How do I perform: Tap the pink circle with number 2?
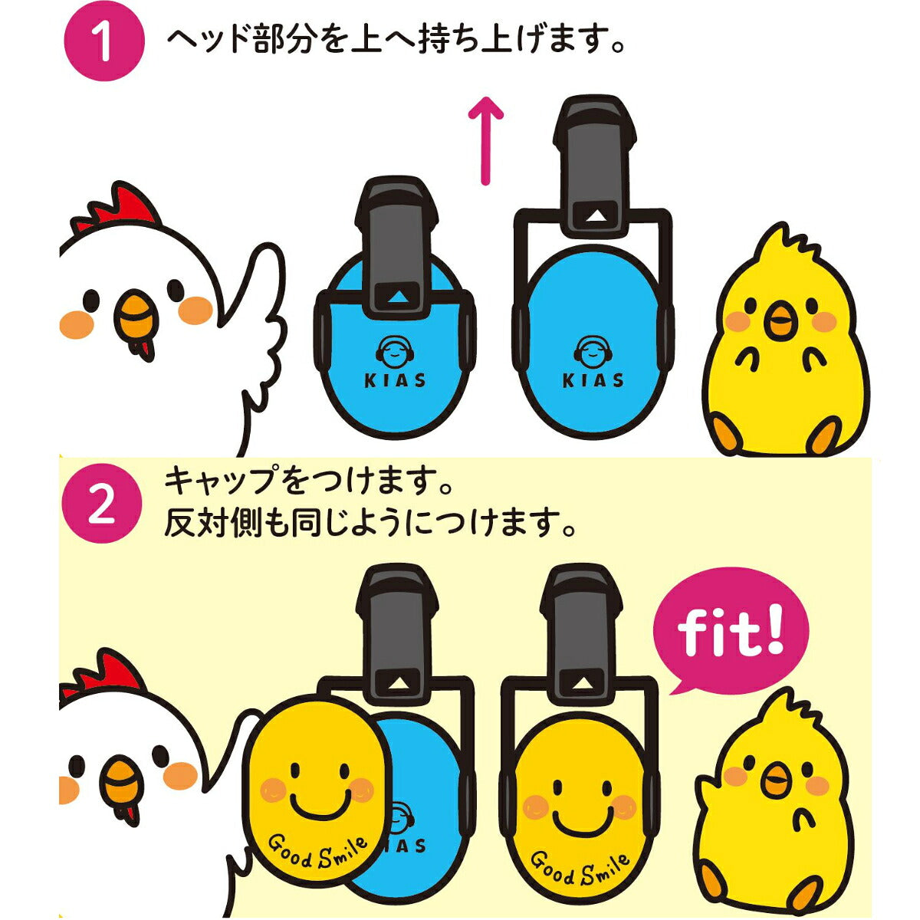[x=103, y=503]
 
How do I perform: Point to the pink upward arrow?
[x=485, y=140]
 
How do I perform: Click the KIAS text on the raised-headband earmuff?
[x=593, y=380]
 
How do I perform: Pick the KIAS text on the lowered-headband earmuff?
[x=395, y=380]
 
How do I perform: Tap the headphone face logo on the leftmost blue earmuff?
[x=395, y=351]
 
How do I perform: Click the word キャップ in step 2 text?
[x=224, y=481]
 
